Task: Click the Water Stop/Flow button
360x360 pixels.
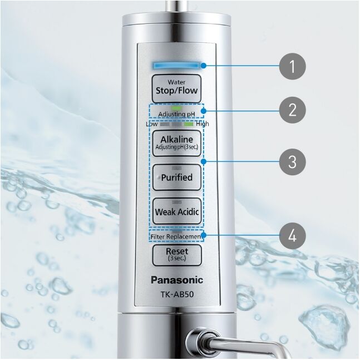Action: point(176,88)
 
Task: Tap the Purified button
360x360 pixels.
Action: point(177,177)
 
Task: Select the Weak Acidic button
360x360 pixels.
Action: point(177,211)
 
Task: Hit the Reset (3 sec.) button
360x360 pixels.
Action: point(177,255)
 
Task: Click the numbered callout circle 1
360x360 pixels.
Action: point(293,66)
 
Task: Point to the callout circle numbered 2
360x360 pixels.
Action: point(293,110)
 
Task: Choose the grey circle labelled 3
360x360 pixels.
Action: point(293,161)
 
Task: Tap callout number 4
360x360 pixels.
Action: point(293,236)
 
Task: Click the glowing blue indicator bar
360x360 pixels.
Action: point(176,66)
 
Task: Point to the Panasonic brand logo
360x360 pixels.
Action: point(177,280)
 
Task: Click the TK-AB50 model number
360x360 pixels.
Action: point(177,294)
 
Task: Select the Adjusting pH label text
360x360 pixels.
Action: point(176,114)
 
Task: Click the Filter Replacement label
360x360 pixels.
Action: point(176,236)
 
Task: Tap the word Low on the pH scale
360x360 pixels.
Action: point(152,124)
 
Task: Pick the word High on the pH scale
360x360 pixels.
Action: point(203,124)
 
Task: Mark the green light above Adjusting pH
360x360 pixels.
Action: point(176,107)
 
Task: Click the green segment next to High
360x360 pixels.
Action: point(189,124)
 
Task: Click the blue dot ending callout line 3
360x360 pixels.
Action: point(203,161)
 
